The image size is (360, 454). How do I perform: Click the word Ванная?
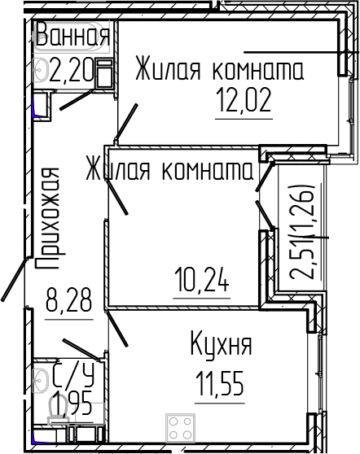[x=72, y=37]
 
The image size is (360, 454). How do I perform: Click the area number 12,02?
[x=243, y=103]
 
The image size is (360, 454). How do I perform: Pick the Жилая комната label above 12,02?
[x=218, y=68]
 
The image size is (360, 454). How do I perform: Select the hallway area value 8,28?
[x=68, y=305]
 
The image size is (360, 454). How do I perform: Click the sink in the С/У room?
[x=40, y=379]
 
